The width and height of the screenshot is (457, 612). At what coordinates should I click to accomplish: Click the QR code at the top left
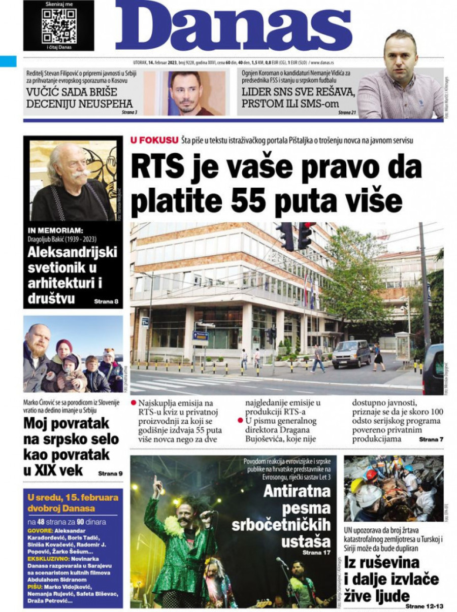click(x=59, y=25)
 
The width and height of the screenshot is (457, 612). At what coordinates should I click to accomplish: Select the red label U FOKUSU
click(x=154, y=140)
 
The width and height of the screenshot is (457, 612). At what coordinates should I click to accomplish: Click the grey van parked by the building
click(x=351, y=354)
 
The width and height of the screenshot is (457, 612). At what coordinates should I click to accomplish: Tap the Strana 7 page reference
click(x=431, y=439)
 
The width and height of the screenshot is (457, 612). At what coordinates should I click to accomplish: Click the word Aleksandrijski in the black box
click(x=73, y=252)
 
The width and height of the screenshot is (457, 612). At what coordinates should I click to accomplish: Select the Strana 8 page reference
click(x=106, y=301)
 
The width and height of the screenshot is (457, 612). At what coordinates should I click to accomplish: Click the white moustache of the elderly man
click(x=81, y=174)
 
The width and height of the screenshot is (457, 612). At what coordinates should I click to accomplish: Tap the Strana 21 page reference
click(x=347, y=112)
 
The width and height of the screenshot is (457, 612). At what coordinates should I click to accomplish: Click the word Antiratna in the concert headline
click(x=297, y=491)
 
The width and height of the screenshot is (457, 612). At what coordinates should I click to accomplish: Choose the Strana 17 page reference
click(x=316, y=552)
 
